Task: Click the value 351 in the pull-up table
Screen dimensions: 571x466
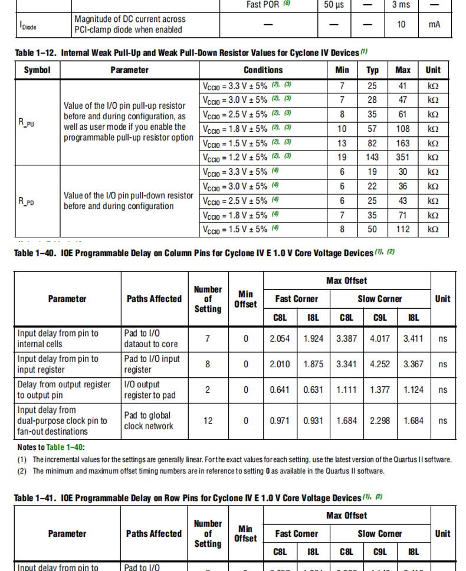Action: point(403,157)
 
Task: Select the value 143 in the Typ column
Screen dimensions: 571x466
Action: point(372,157)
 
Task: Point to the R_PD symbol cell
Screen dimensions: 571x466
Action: point(26,201)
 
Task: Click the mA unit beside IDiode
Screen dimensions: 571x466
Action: point(434,24)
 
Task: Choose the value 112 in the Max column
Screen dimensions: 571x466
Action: point(403,229)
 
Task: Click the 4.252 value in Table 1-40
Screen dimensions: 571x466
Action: point(380,364)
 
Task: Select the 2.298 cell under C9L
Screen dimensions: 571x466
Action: point(380,421)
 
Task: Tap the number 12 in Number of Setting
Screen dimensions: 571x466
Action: point(208,421)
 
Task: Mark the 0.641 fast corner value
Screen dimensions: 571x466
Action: point(280,390)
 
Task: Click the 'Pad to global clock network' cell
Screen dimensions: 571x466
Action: point(149,421)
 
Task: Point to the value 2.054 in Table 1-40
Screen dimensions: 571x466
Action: point(280,339)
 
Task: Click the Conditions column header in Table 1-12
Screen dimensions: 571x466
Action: point(263,70)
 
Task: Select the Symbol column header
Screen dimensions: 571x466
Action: point(37,70)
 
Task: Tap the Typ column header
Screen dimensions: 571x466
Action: point(372,70)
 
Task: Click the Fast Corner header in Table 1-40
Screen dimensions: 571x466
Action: point(297,299)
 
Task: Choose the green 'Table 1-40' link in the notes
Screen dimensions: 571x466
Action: point(60,447)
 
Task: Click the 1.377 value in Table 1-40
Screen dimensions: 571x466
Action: point(380,390)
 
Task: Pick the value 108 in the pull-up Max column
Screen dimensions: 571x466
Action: point(403,129)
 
